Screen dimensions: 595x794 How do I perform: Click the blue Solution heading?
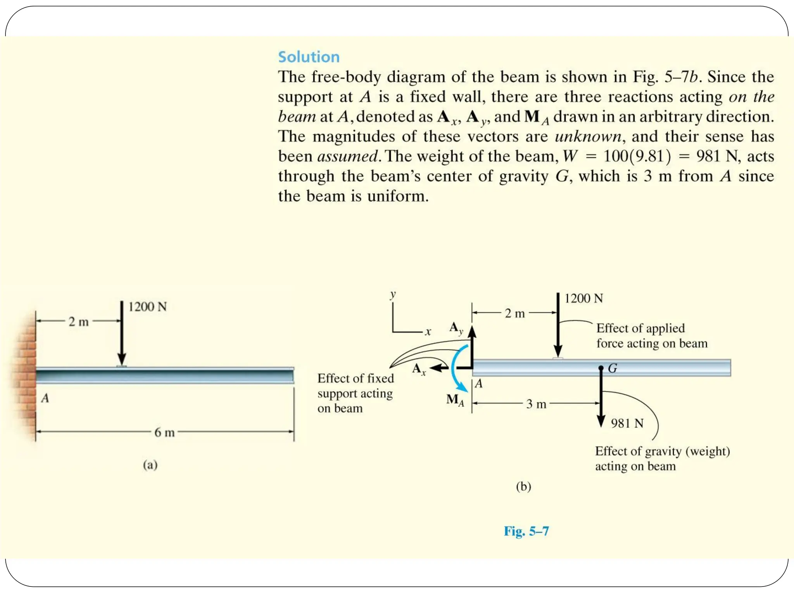click(x=309, y=57)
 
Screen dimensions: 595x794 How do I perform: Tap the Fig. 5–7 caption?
click(x=526, y=531)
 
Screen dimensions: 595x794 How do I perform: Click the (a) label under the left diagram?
click(x=150, y=464)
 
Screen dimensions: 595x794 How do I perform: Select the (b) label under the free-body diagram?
click(x=523, y=486)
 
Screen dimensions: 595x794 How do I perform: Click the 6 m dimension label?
click(x=164, y=432)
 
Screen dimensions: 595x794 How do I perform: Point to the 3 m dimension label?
click(x=536, y=404)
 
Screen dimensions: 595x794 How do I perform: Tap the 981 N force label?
click(x=627, y=423)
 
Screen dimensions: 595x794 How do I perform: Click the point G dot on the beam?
click(x=601, y=367)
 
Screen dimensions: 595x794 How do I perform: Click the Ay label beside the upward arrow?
click(x=456, y=328)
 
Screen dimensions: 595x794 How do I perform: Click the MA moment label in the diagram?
click(x=455, y=400)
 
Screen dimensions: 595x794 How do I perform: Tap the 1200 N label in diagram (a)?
click(x=147, y=307)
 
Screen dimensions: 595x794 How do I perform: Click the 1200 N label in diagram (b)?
click(x=583, y=298)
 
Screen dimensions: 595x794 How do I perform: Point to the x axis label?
click(x=428, y=332)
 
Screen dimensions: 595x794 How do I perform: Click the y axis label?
click(x=393, y=294)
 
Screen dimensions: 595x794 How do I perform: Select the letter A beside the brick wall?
click(x=45, y=398)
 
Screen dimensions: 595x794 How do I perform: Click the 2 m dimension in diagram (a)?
click(x=78, y=322)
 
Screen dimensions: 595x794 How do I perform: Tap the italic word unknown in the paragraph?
click(x=587, y=136)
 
